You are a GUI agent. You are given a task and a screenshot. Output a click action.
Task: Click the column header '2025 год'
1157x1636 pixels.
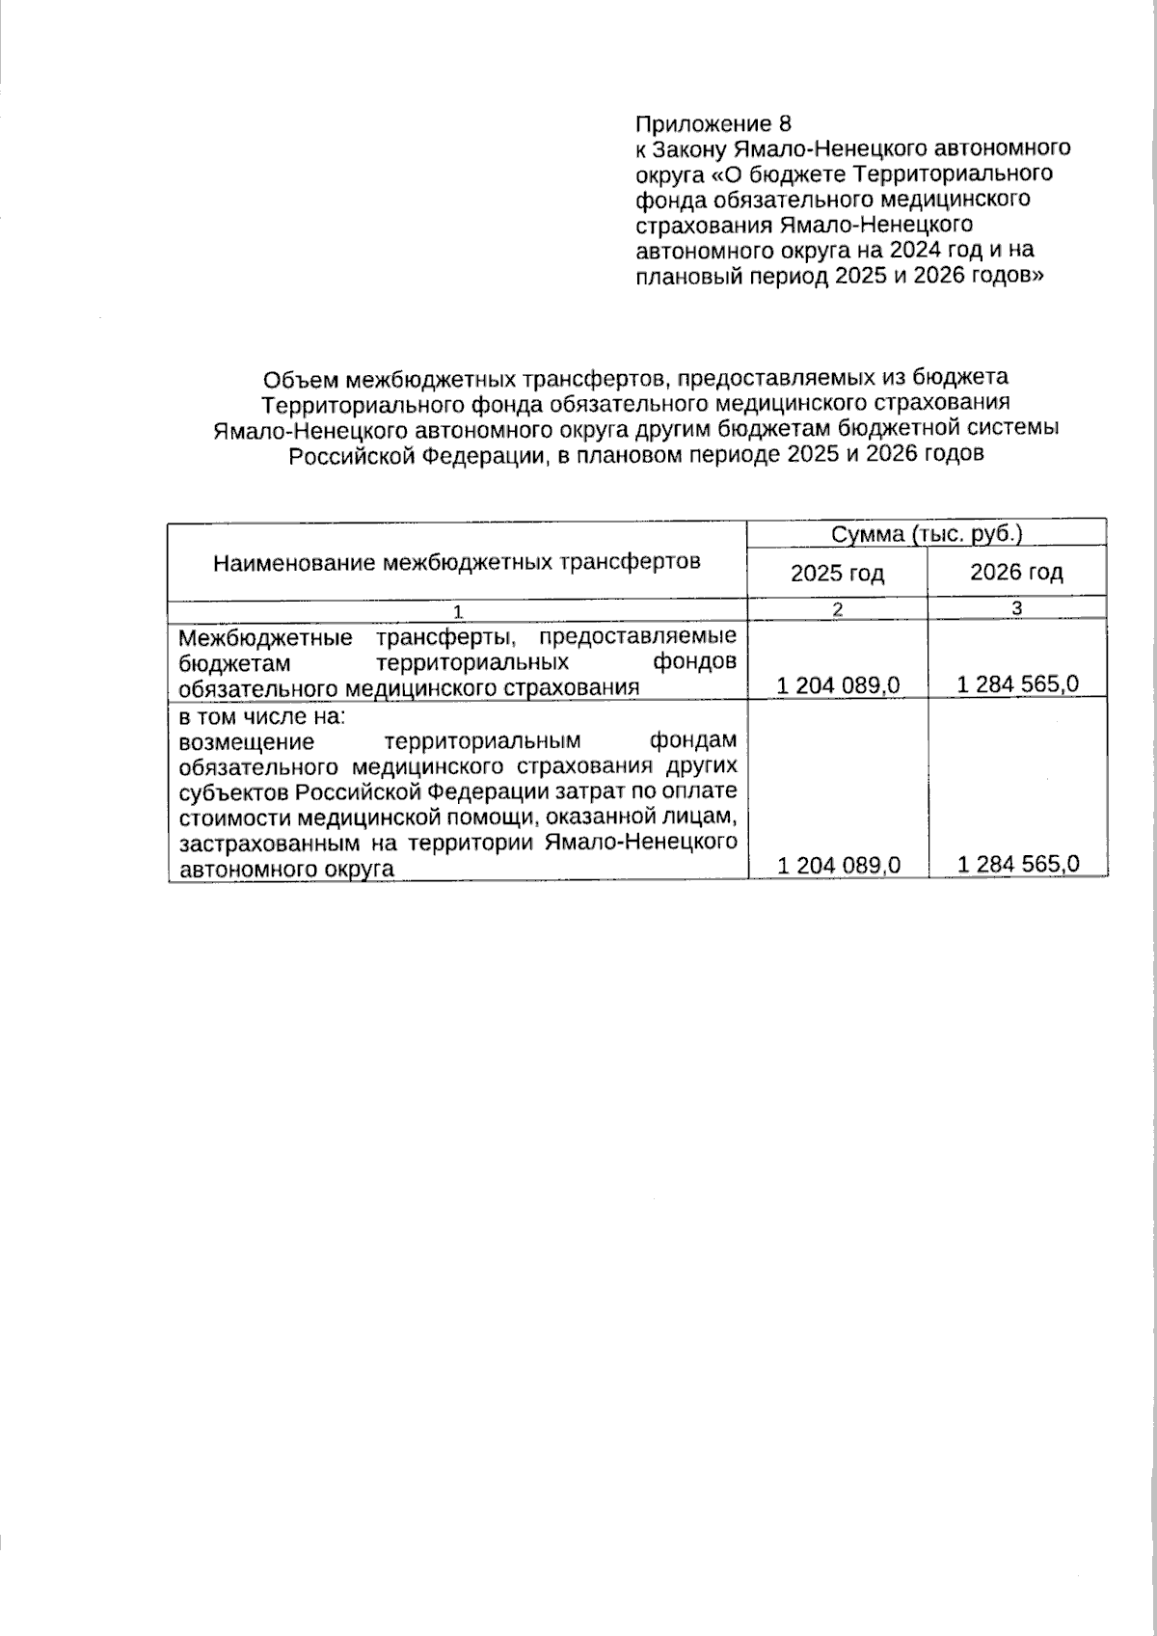tap(837, 574)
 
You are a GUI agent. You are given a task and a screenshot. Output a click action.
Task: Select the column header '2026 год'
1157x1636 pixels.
tap(1016, 573)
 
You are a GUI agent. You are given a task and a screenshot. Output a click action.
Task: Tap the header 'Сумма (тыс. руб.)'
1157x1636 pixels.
tap(927, 534)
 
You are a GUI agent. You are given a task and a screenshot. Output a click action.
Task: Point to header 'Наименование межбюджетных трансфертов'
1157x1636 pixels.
tap(456, 562)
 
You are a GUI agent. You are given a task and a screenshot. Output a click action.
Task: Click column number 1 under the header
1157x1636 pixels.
tap(458, 610)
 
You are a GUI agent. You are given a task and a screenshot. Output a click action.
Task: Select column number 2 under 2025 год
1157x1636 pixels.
tap(837, 609)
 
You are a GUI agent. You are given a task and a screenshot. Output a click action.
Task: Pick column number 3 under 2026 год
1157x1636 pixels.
tap(1016, 608)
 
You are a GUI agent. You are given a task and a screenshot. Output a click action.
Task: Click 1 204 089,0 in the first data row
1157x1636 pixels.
tap(837, 685)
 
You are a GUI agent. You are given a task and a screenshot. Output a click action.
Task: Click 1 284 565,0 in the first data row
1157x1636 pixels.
tap(1017, 684)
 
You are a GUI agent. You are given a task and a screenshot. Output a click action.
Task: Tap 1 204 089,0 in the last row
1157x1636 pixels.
tap(837, 866)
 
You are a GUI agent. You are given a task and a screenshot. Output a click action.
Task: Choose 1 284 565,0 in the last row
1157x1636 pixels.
tap(1017, 865)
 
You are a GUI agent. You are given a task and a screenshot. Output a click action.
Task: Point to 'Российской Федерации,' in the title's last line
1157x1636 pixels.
tap(419, 455)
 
